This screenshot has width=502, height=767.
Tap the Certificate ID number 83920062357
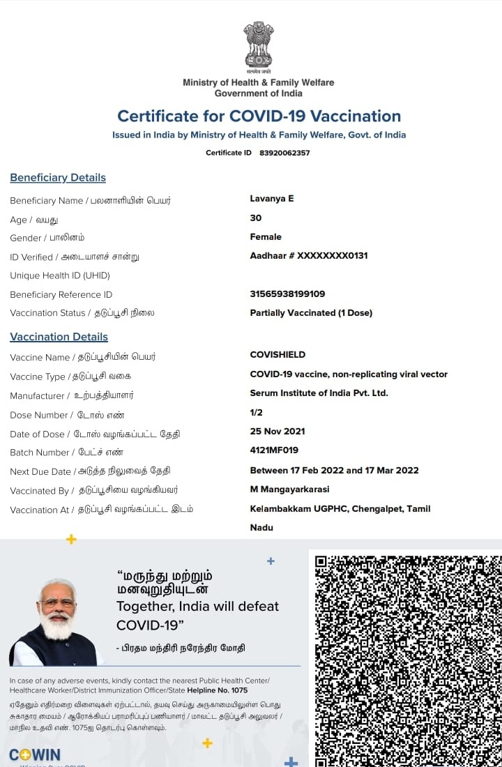pyautogui.click(x=284, y=153)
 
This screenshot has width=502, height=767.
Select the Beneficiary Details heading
pyautogui.click(x=58, y=178)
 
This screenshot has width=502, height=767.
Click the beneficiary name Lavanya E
pyautogui.click(x=272, y=199)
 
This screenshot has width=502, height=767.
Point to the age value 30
pyautogui.click(x=256, y=218)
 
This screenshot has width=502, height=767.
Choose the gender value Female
pyautogui.click(x=266, y=237)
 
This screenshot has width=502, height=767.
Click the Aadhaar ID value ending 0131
pyautogui.click(x=309, y=256)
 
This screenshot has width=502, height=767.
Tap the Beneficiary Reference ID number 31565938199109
pyautogui.click(x=287, y=294)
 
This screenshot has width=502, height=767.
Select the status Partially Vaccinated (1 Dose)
pyautogui.click(x=311, y=313)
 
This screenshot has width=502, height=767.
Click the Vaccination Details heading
pyautogui.click(x=59, y=337)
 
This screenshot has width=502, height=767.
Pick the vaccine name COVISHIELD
pyautogui.click(x=277, y=355)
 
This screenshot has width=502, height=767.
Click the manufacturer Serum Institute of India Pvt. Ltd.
pyautogui.click(x=319, y=393)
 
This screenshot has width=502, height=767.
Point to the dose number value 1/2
pyautogui.click(x=256, y=413)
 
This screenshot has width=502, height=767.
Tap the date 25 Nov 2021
pyautogui.click(x=277, y=432)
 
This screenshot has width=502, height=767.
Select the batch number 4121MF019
pyautogui.click(x=274, y=450)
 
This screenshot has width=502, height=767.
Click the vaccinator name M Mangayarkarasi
pyautogui.click(x=289, y=489)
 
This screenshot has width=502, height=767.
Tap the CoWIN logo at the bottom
pyautogui.click(x=35, y=755)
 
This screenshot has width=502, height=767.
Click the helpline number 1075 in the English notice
pyautogui.click(x=238, y=690)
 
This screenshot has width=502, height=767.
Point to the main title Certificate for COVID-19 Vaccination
pyautogui.click(x=259, y=116)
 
